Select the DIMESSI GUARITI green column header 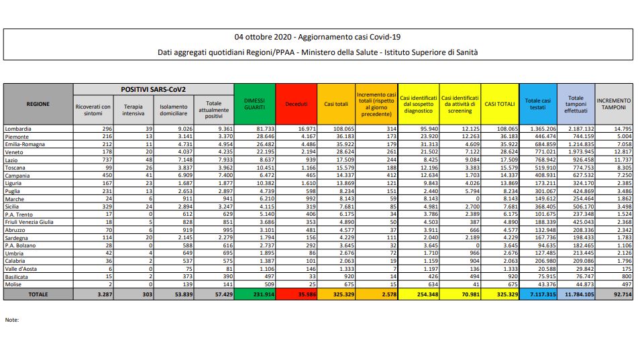click(254, 104)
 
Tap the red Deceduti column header click(296, 104)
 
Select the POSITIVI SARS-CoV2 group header click(153, 88)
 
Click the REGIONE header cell click(38, 104)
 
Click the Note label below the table click(11, 319)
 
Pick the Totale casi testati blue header click(537, 104)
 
